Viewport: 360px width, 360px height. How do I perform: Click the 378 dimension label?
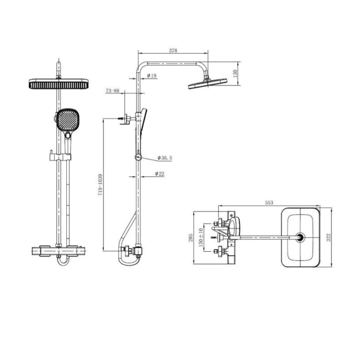click(173, 50)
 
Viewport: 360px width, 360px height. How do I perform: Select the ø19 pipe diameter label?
click(152, 76)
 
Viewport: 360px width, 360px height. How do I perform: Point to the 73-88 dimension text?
click(112, 91)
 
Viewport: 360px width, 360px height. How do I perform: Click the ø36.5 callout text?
click(165, 158)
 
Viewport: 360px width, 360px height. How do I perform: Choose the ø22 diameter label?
click(159, 174)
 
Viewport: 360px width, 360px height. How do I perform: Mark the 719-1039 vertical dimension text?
click(100, 185)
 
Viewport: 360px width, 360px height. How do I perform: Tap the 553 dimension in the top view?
click(269, 202)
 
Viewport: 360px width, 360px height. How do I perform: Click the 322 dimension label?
click(329, 237)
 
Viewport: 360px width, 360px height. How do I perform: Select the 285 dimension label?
click(191, 238)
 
